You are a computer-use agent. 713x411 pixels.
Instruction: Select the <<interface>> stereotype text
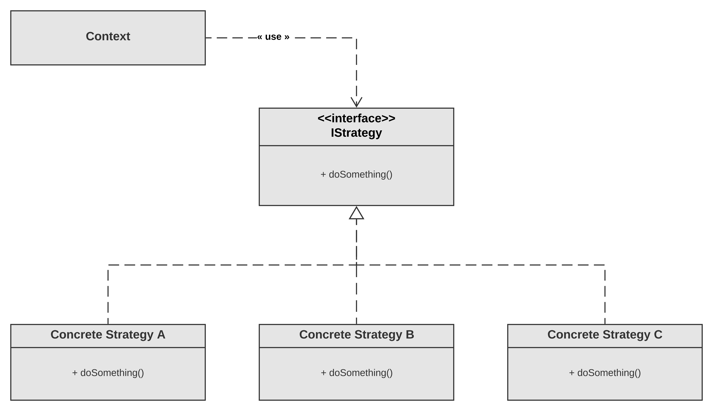tap(356, 118)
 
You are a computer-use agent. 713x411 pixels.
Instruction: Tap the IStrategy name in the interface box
tap(356, 133)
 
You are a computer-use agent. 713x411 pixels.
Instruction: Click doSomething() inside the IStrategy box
tap(360, 174)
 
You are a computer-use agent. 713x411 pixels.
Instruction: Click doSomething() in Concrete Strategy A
tap(112, 373)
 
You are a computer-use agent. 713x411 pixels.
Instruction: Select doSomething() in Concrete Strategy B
tap(361, 373)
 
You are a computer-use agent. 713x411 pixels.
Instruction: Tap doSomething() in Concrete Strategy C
tap(609, 373)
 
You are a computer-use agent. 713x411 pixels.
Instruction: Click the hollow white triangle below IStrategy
tap(356, 214)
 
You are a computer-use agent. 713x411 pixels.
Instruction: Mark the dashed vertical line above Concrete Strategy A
tap(108, 295)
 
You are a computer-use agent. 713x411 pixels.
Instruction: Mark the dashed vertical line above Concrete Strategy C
tap(605, 295)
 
